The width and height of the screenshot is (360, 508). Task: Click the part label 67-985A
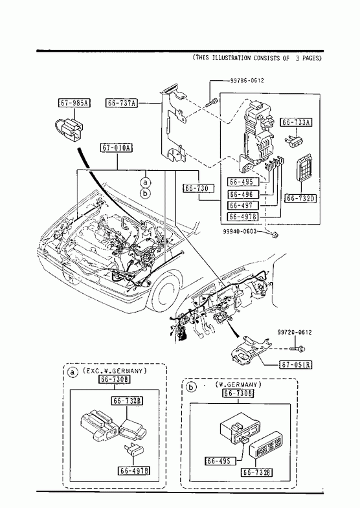[74, 103]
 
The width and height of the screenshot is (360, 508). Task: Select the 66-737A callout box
[122, 104]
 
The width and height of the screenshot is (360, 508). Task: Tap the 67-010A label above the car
[117, 148]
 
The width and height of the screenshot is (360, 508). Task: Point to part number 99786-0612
[247, 80]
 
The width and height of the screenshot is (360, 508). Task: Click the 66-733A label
[296, 122]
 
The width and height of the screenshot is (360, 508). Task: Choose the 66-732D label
[301, 198]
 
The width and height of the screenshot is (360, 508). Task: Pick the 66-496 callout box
[244, 194]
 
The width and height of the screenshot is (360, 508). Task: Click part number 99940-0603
[240, 231]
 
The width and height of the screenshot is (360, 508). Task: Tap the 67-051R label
[295, 365]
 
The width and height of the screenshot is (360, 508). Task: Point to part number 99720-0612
[295, 332]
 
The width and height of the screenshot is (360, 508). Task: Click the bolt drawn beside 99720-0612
[297, 349]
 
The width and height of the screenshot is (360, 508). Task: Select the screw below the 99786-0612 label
[211, 103]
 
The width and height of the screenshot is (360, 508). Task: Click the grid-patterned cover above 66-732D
[305, 168]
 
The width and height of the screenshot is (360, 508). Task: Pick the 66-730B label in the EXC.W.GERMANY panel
[115, 379]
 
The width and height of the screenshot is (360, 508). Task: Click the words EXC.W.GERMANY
[115, 371]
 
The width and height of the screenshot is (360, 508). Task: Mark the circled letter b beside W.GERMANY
[192, 387]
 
